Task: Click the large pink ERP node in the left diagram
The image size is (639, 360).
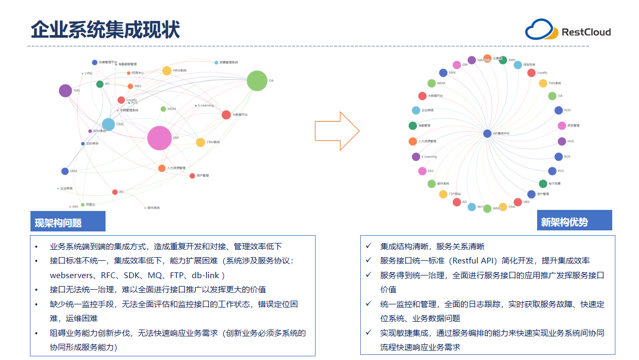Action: pyautogui.click(x=160, y=138)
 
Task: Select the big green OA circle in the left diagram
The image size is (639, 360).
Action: pyautogui.click(x=257, y=81)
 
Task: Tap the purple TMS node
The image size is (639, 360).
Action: pyautogui.click(x=65, y=91)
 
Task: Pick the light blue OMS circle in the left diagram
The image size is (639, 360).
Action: pyautogui.click(x=108, y=124)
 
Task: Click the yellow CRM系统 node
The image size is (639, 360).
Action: pyautogui.click(x=201, y=142)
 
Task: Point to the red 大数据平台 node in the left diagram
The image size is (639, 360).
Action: pyautogui.click(x=226, y=114)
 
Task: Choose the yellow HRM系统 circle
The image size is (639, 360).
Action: pyautogui.click(x=167, y=70)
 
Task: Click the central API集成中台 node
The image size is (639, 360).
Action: pyautogui.click(x=487, y=133)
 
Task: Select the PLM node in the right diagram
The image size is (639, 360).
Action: pyautogui.click(x=559, y=110)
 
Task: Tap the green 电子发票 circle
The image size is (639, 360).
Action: pyautogui.click(x=543, y=184)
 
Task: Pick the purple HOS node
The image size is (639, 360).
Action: pyautogui.click(x=562, y=141)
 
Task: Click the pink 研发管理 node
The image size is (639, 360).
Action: pyautogui.click(x=562, y=125)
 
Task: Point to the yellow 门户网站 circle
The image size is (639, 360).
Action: pyautogui.click(x=443, y=194)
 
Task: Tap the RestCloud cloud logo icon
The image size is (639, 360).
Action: pyautogui.click(x=541, y=30)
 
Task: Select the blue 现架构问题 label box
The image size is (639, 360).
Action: pyautogui.click(x=68, y=221)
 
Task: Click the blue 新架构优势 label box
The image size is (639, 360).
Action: pyautogui.click(x=574, y=221)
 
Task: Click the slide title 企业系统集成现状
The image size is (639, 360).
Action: pyautogui.click(x=105, y=30)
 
